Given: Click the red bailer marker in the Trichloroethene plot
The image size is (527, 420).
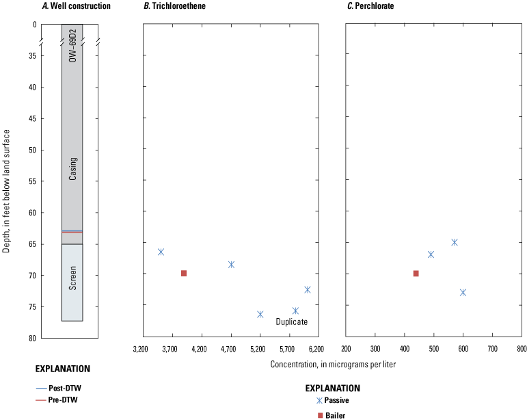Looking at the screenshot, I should (x=184, y=274).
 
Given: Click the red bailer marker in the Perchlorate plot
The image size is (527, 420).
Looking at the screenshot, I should (x=416, y=274).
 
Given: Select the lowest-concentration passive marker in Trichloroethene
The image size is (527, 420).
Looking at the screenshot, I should (x=161, y=252).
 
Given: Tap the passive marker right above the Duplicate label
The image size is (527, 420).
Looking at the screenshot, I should (x=295, y=311).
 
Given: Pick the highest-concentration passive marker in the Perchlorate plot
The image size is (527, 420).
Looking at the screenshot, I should (x=463, y=293).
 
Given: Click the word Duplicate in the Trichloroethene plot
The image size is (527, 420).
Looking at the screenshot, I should (x=292, y=321).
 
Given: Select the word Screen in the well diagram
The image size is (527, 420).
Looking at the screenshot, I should (x=72, y=280).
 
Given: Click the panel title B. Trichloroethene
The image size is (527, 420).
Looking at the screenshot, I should (x=176, y=6).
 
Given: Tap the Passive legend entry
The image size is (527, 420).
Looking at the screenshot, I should (x=339, y=401).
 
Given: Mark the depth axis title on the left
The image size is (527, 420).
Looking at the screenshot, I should (x=7, y=181).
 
